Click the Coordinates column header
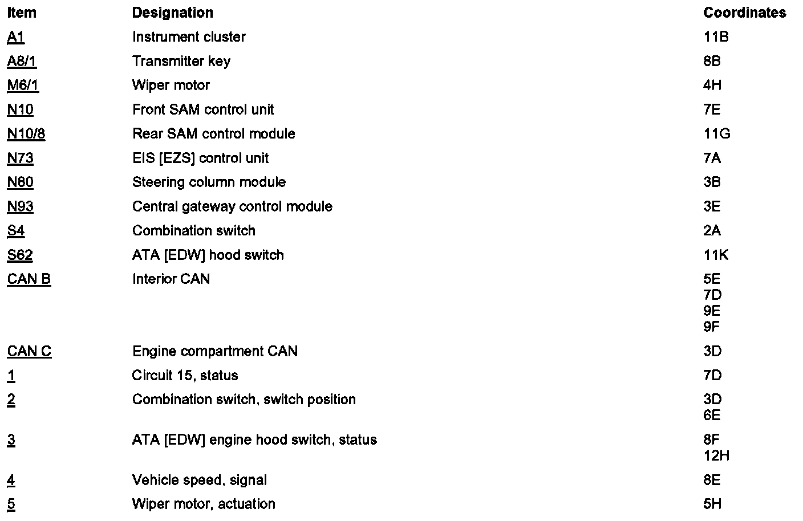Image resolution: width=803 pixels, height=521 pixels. (x=744, y=13)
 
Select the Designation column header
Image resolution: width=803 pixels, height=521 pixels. (x=172, y=13)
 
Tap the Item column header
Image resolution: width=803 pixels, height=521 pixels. (x=22, y=13)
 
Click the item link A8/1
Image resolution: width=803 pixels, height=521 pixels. (x=22, y=61)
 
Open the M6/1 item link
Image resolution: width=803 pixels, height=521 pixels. (x=23, y=86)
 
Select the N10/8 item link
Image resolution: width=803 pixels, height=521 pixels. (x=26, y=134)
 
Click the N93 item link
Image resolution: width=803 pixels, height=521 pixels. (x=20, y=206)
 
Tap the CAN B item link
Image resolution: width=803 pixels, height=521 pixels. (x=29, y=279)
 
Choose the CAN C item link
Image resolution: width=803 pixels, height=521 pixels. (x=29, y=351)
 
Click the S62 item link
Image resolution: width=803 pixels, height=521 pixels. (x=20, y=255)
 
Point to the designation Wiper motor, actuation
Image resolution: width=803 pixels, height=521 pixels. (x=204, y=504)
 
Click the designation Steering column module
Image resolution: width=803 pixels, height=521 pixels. (x=209, y=182)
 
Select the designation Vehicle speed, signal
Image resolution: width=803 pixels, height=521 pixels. (x=199, y=480)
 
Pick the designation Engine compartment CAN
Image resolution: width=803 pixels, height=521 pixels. (x=214, y=351)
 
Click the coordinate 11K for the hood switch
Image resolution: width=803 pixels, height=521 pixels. (x=716, y=255)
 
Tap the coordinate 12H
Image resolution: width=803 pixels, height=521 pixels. (x=716, y=455)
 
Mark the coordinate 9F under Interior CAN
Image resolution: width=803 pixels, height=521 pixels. (x=712, y=327)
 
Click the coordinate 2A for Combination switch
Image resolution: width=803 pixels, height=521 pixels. (x=712, y=231)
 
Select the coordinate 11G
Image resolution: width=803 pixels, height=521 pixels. (x=716, y=134)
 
